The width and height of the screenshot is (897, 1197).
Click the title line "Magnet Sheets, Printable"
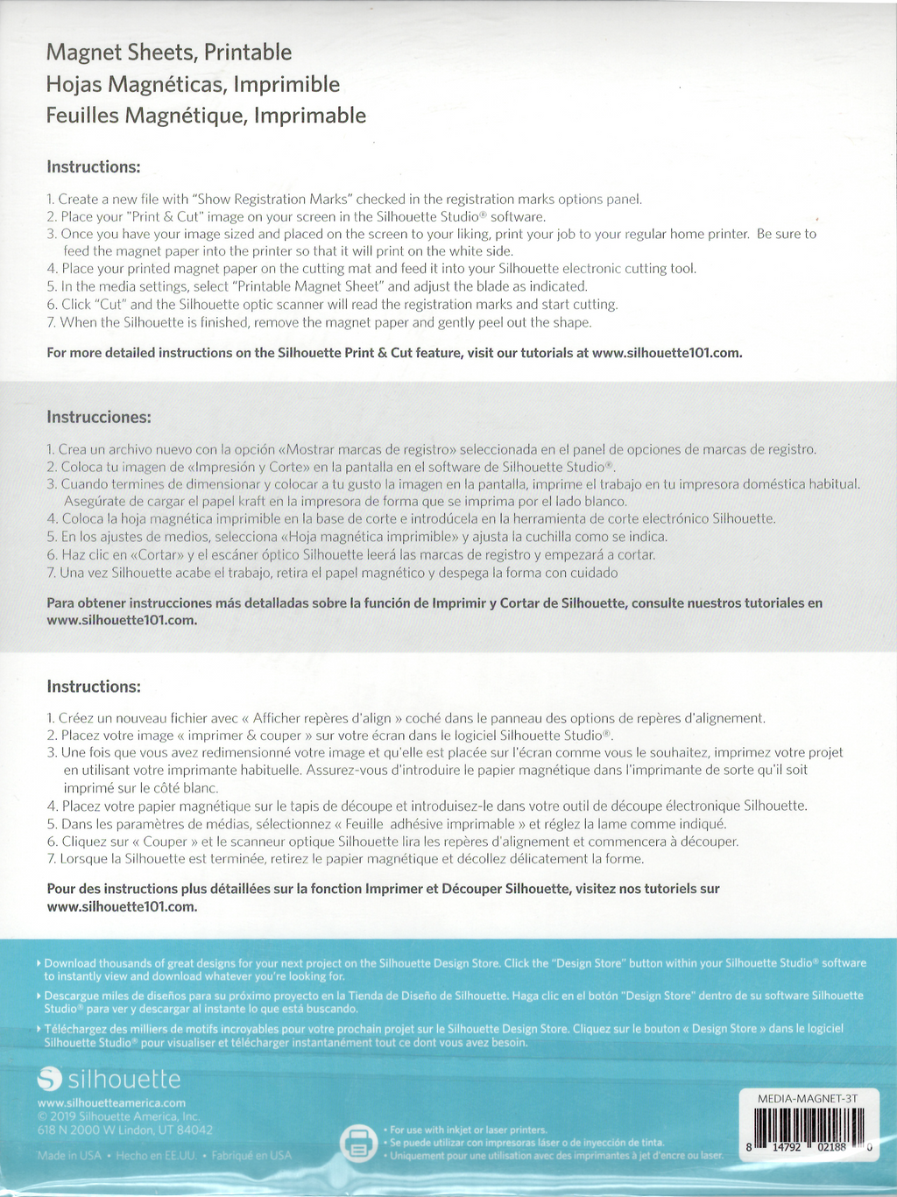point(169,53)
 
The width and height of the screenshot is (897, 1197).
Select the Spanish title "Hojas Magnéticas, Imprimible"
point(193,84)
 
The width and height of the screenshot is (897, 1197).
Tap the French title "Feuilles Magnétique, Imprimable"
point(206,116)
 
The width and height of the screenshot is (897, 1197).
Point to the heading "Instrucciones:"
point(99,417)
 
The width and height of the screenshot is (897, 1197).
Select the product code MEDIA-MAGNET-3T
point(807,1098)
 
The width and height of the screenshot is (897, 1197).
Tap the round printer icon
point(358,1144)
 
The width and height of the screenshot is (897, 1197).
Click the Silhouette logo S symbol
point(50,1080)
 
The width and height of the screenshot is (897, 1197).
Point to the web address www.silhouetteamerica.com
point(111,1102)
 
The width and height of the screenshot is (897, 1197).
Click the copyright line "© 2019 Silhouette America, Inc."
point(118,1116)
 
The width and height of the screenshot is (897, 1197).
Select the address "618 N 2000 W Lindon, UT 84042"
point(124,1130)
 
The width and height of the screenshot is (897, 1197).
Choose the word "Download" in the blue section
point(70,963)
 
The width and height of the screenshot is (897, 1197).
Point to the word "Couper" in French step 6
point(166,841)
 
